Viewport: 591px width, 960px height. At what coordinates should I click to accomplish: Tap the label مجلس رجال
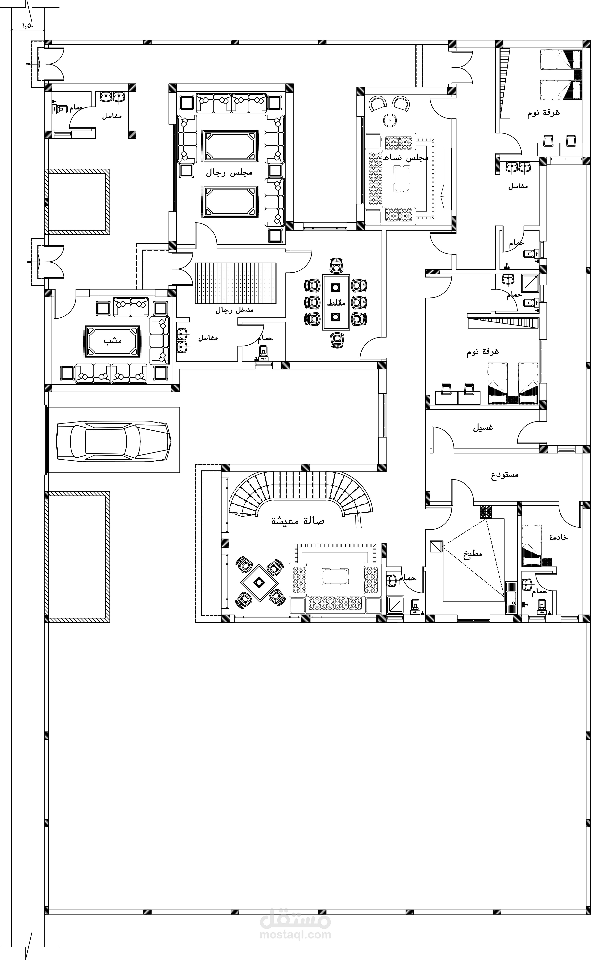[229, 172]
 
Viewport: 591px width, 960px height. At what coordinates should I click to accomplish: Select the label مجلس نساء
[406, 157]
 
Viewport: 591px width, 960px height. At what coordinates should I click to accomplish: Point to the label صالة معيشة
[298, 521]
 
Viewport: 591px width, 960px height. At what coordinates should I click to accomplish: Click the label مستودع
[505, 475]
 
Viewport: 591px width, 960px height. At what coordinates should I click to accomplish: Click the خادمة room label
[559, 538]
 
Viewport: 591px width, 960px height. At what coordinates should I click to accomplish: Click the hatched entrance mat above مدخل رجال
[236, 283]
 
